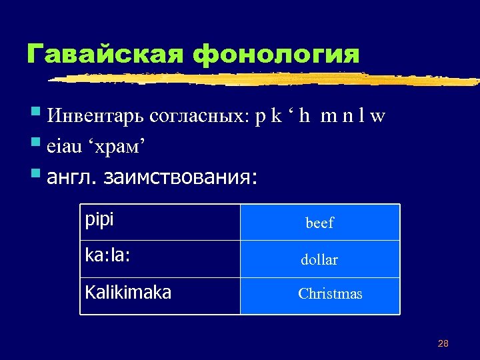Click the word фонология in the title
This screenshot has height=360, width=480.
(x=276, y=54)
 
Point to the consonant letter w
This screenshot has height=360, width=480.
(x=378, y=118)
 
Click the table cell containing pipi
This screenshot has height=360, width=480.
(x=160, y=222)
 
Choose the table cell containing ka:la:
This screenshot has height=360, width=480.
(x=160, y=259)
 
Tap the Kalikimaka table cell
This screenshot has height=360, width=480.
(x=160, y=295)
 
